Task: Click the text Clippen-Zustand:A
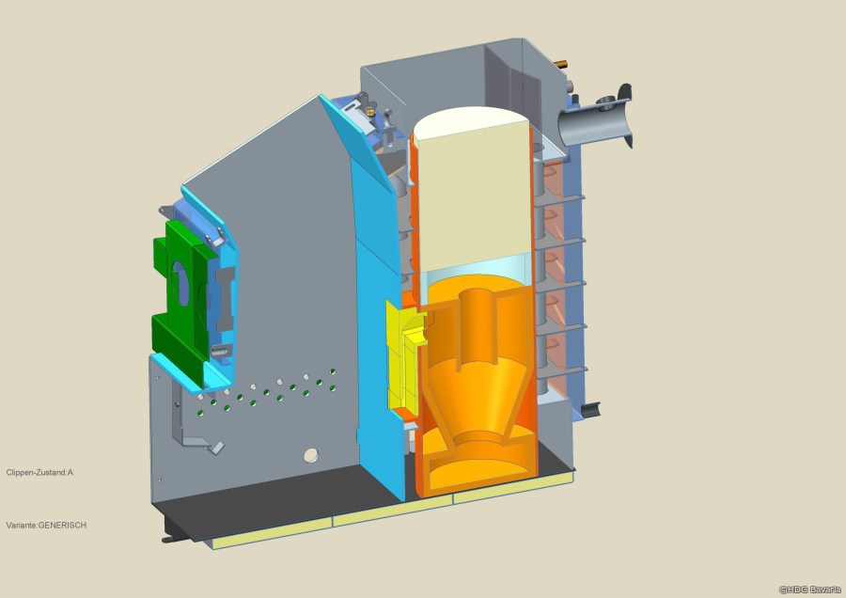tap(39, 472)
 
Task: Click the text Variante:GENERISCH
tap(46, 526)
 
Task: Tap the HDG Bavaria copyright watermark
tap(810, 590)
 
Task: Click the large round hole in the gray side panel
tap(311, 455)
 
